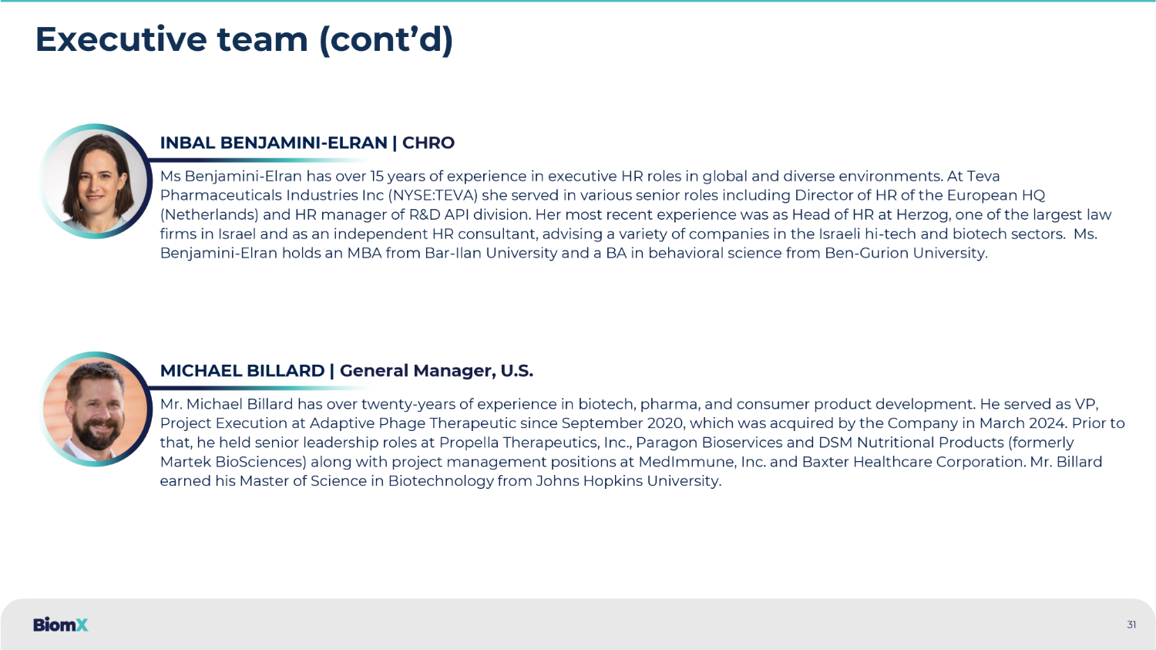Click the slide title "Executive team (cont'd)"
click(x=244, y=40)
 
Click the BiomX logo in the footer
click(x=60, y=625)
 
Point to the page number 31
click(x=1131, y=625)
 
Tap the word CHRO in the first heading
click(x=428, y=143)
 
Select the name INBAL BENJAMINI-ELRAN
click(x=274, y=143)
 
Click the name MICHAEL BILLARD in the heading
click(x=242, y=371)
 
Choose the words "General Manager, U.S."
click(x=436, y=371)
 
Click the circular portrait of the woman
click(x=95, y=181)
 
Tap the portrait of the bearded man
click(x=95, y=409)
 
